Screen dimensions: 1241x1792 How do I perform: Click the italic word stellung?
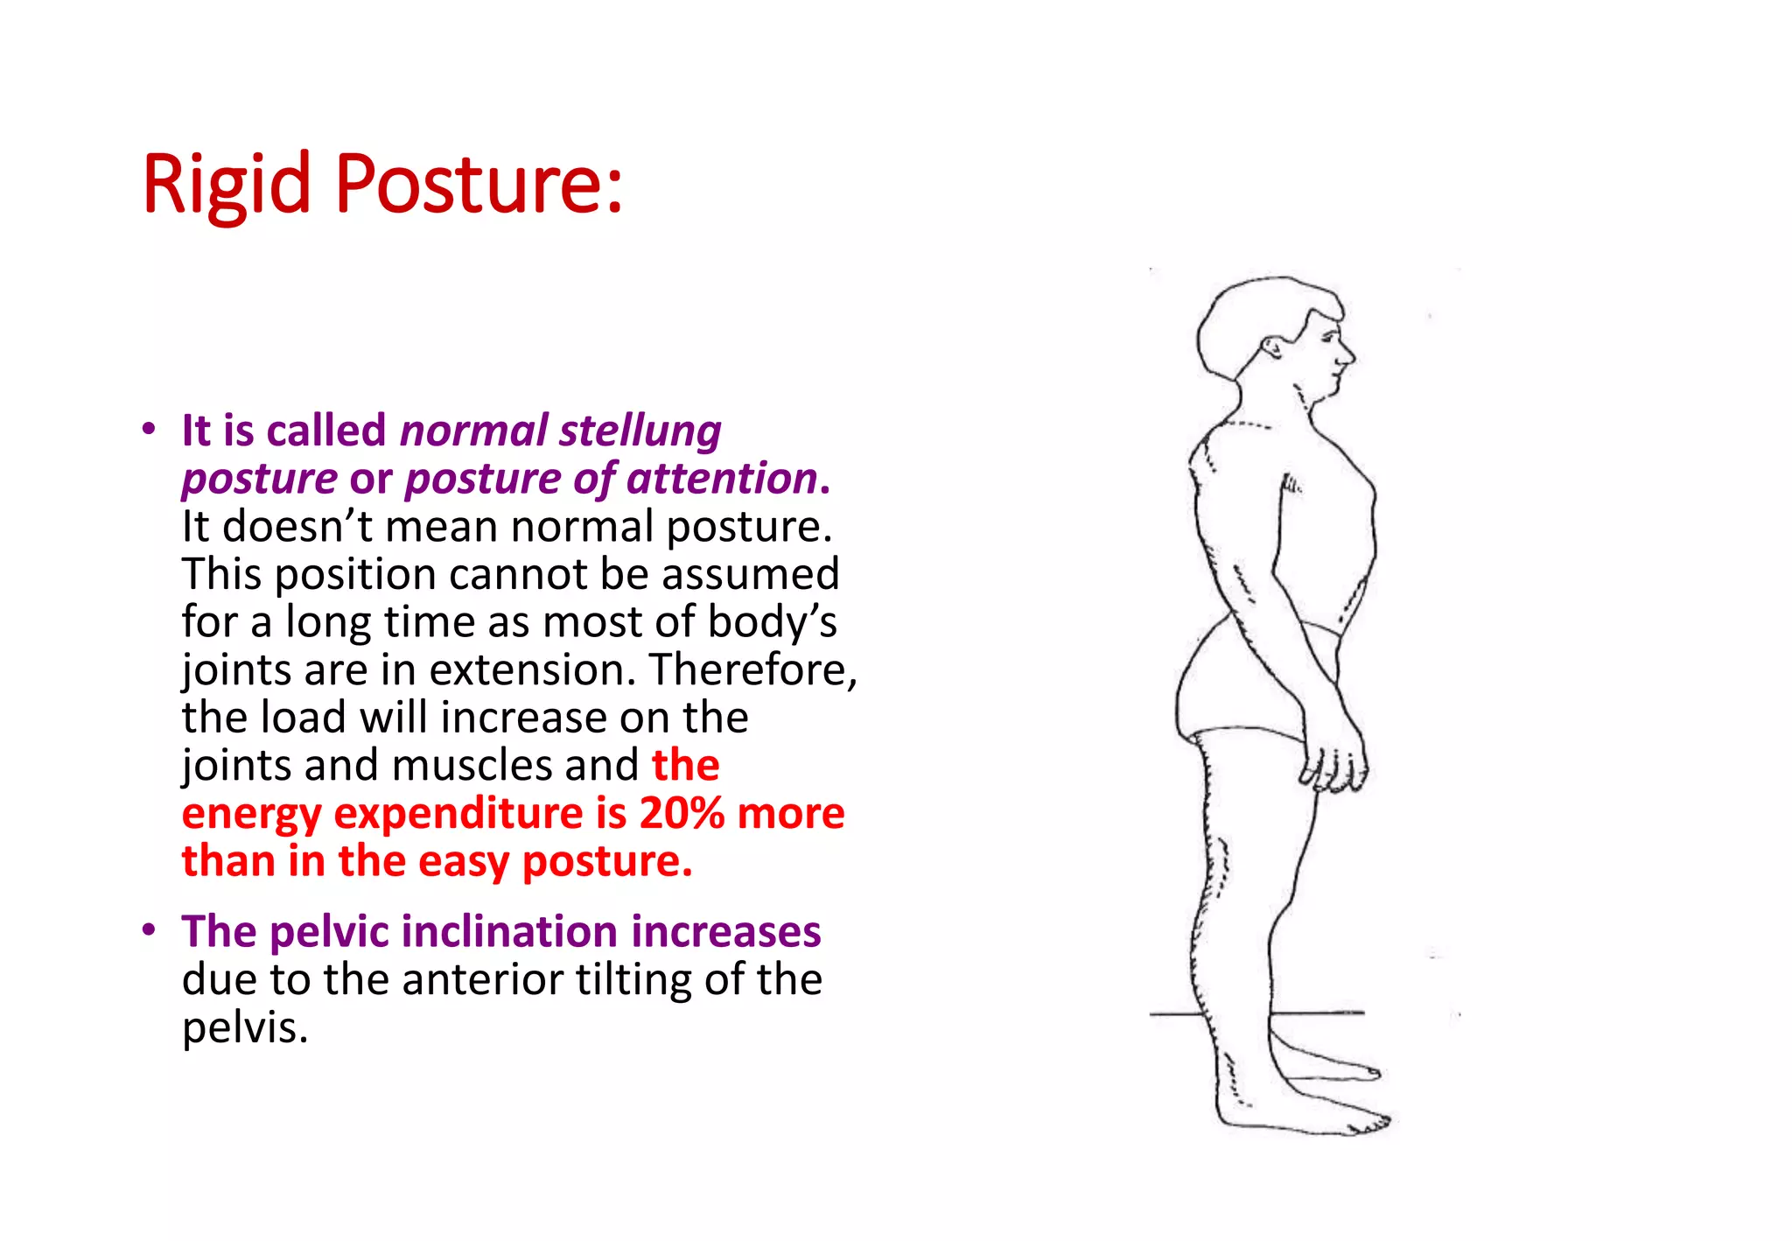(640, 431)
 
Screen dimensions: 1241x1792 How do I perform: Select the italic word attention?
(721, 479)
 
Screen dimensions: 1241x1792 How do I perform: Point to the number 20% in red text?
(682, 813)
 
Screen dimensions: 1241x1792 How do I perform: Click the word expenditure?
(458, 813)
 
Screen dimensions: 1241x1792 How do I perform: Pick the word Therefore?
(752, 670)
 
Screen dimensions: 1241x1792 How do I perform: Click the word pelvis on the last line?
(244, 1027)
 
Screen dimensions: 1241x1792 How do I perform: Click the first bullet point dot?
(150, 430)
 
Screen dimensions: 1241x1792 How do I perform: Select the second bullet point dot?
(150, 929)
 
